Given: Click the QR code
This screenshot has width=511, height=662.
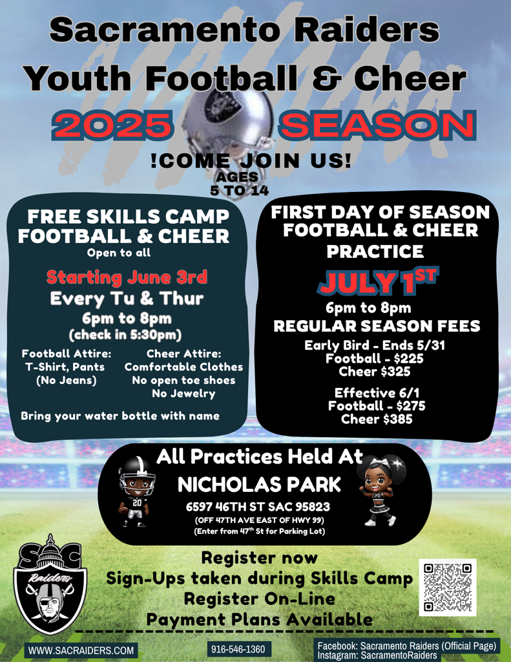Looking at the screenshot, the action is (x=447, y=587).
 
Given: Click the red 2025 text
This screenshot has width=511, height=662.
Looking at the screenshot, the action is (x=112, y=125).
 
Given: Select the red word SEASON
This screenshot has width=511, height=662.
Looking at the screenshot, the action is (x=378, y=125).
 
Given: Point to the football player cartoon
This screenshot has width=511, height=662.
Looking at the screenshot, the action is (x=136, y=492).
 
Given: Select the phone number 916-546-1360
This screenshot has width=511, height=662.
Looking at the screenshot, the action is (x=238, y=649).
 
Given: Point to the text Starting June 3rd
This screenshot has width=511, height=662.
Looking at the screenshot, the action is (x=127, y=277).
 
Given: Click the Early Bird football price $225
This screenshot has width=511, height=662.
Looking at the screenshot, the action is (x=375, y=359).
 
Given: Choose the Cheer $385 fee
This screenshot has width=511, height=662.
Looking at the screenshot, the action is (x=377, y=419).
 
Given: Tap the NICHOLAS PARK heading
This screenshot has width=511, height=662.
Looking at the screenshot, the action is (x=259, y=485).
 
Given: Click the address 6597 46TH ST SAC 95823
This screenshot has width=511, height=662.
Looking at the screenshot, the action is (x=258, y=507).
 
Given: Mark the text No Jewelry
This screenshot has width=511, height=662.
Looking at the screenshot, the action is (x=183, y=394).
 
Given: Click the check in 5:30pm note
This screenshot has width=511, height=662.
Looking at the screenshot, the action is (x=125, y=335).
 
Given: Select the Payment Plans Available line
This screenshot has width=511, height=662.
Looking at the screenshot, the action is (x=260, y=620).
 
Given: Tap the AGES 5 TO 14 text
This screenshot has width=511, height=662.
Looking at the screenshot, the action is (x=239, y=184).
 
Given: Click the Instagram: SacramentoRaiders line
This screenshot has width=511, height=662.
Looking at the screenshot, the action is (x=377, y=656).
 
